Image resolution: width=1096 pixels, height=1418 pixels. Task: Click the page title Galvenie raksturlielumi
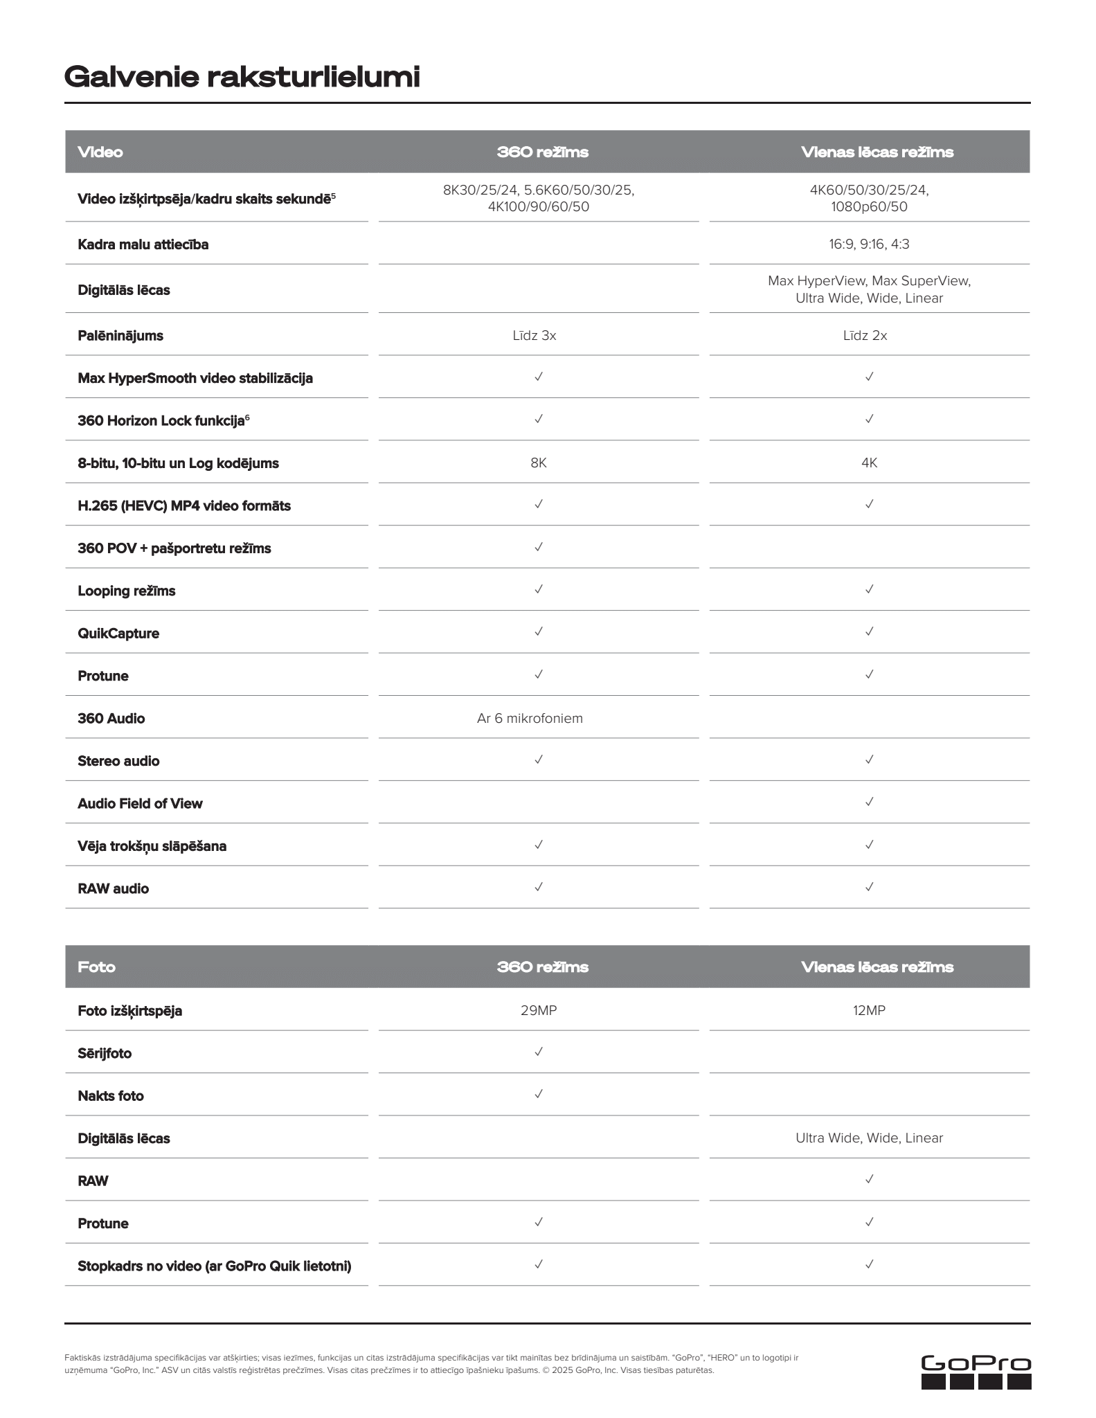[242, 77]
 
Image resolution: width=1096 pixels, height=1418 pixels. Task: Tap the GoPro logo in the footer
[976, 1372]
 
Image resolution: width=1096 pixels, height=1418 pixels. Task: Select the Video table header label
[100, 152]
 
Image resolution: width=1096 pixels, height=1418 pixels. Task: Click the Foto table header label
[97, 967]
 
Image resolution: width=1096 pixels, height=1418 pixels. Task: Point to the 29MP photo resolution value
[539, 1010]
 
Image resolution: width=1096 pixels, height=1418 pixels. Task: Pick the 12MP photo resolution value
[869, 1010]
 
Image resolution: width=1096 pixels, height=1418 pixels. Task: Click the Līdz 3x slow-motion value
[534, 336]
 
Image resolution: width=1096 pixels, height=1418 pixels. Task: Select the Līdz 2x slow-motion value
[865, 336]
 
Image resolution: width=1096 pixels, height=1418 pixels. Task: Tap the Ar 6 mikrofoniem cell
[530, 719]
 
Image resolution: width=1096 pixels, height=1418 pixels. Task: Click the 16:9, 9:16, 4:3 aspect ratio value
[869, 244]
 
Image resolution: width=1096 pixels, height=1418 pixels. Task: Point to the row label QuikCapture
[118, 634]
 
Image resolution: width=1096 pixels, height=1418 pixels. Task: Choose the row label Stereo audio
[118, 761]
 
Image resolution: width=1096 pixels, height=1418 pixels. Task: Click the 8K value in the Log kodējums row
[539, 463]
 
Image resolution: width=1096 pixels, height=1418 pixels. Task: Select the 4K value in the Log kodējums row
[870, 463]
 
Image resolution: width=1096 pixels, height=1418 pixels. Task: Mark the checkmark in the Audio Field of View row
[870, 802]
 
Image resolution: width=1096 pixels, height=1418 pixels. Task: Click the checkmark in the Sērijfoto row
[539, 1052]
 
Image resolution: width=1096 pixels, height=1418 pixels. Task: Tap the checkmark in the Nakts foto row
[539, 1094]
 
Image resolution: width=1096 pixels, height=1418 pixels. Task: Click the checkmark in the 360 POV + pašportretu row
[539, 547]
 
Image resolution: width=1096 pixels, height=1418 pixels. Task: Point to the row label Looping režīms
[127, 591]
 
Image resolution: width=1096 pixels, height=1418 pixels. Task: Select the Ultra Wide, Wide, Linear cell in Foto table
[869, 1138]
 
